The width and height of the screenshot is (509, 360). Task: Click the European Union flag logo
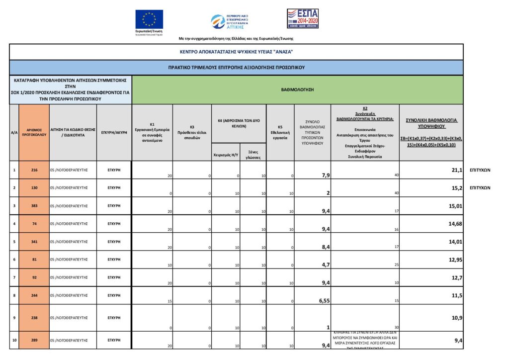[149, 19]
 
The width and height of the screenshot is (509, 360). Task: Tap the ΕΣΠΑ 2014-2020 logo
[302, 18]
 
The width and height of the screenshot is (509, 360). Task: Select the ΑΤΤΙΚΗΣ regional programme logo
[230, 21]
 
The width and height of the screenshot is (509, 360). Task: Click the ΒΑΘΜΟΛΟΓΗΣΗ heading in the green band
[297, 90]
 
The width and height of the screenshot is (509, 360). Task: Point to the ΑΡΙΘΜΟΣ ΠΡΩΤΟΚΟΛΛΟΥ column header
[34, 133]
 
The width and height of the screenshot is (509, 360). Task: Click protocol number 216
[34, 170]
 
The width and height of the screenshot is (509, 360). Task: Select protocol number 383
[34, 206]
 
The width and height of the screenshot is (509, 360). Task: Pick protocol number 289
[34, 341]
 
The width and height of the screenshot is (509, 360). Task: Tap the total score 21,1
[457, 170]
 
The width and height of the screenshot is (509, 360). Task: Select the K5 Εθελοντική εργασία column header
[280, 133]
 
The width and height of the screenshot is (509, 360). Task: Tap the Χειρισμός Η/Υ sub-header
[226, 154]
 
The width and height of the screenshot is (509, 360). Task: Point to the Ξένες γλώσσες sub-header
[253, 154]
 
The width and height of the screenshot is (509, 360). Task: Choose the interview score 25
[396, 265]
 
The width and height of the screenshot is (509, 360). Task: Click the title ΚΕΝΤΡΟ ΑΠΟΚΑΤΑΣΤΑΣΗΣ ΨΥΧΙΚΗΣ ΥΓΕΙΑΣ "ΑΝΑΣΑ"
[236, 52]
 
